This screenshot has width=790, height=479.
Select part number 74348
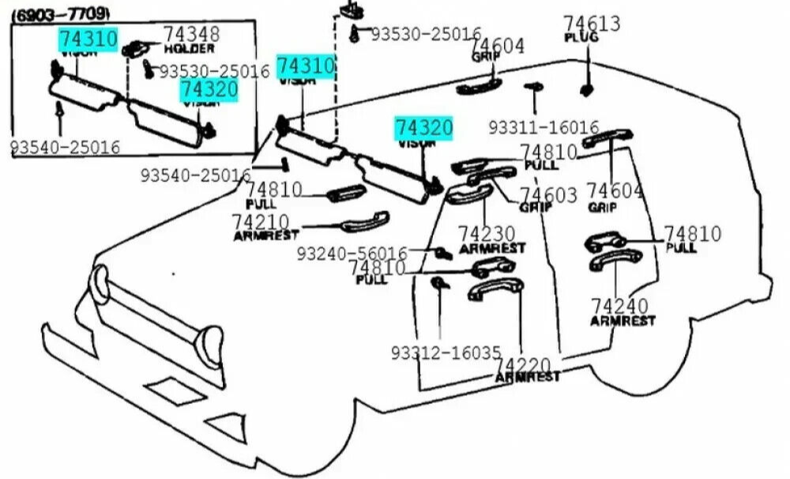point(192,35)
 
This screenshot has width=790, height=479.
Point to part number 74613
point(592,24)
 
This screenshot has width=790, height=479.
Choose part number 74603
point(548,194)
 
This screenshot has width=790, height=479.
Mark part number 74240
point(620,306)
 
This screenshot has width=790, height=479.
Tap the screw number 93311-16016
point(544,127)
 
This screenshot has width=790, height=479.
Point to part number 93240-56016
point(352,253)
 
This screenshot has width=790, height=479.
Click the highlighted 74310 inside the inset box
point(88,39)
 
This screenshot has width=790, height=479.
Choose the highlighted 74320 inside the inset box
point(209,89)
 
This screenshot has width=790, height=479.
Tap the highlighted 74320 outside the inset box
point(424,128)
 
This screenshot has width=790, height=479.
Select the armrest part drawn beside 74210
point(367,225)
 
